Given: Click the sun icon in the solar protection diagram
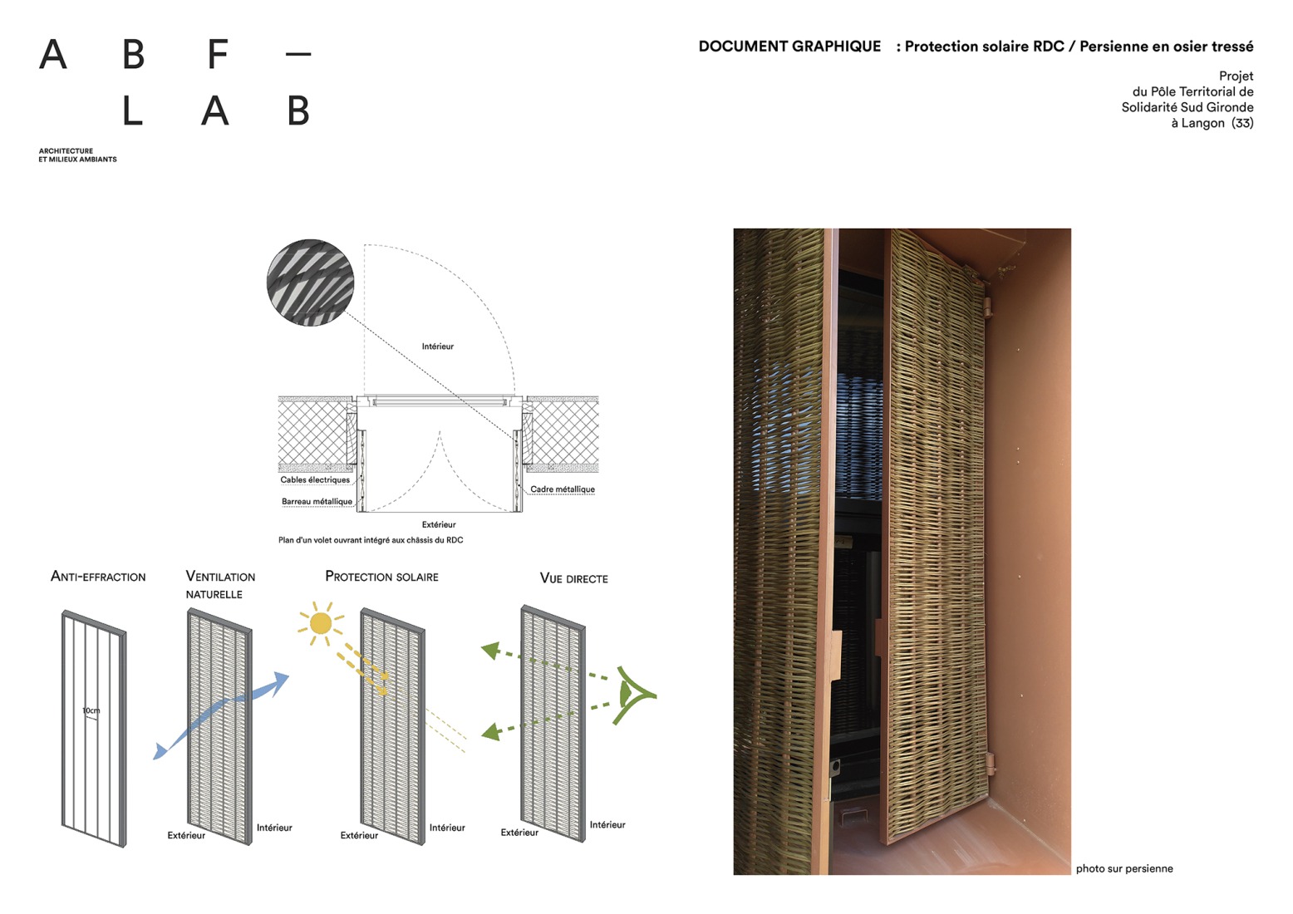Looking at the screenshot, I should pos(320,623).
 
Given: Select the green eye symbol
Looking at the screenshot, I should pos(633,694).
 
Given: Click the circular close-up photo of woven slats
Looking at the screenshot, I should pos(310,283).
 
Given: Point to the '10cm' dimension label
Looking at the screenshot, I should pos(91,710).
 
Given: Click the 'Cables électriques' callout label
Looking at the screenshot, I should pos(315,479).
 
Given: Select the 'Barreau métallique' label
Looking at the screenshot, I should pos(317,501).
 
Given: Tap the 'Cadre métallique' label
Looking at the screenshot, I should pos(563,489).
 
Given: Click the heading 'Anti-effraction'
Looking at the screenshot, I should pos(98,577).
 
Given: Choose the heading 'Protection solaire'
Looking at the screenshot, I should pos(381,577).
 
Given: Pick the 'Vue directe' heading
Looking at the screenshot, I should pos(573,578).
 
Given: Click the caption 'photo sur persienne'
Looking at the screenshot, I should pos(1124,868).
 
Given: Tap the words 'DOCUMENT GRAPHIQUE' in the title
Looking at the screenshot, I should pos(789,47).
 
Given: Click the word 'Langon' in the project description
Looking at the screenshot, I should pos(1202,123).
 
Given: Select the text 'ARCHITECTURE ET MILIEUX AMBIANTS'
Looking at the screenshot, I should pos(77,155).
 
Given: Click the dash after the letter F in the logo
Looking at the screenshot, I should pos(297,55).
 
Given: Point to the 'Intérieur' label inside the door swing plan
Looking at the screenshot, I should pos(437,346).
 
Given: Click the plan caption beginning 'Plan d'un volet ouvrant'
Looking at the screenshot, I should pos(371,540).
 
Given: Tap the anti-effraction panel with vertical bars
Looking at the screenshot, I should pos(94,727).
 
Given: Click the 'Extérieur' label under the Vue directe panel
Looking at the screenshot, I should pos(519,832).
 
